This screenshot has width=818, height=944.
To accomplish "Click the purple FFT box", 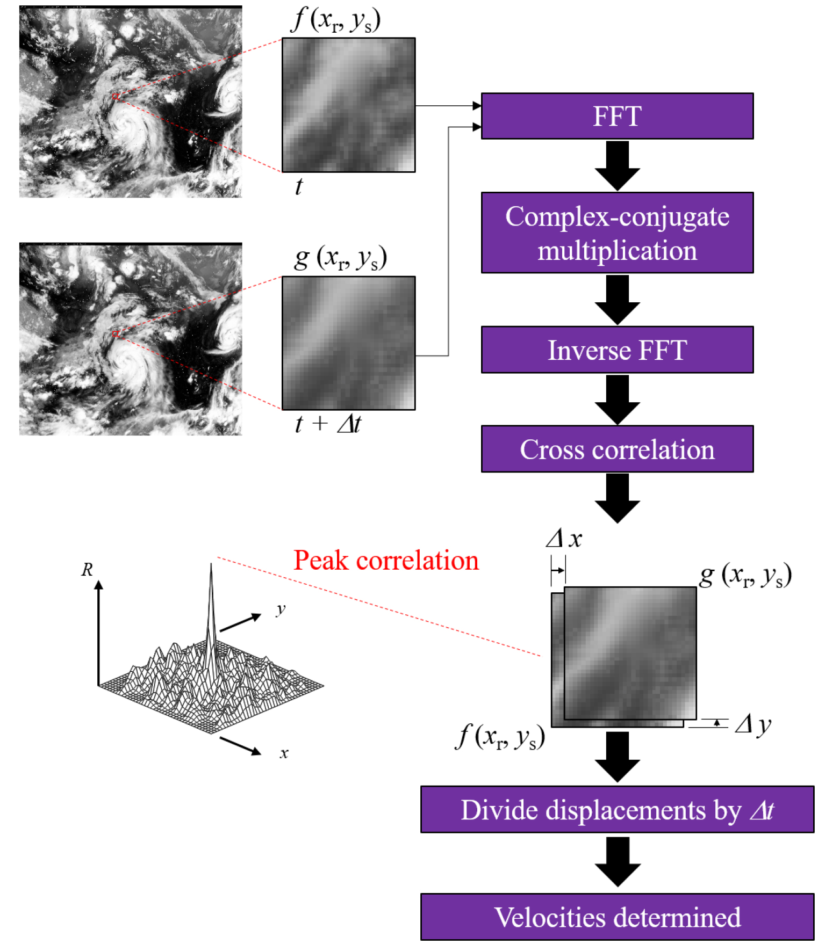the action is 617,116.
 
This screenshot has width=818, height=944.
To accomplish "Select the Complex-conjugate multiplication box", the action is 617,233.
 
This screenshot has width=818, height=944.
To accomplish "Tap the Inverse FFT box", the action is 617,350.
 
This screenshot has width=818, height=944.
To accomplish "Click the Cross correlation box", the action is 617,449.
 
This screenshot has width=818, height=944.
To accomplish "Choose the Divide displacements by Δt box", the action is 617,809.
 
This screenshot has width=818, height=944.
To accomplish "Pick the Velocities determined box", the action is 617,917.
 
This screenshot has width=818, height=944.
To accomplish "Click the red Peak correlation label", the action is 386,561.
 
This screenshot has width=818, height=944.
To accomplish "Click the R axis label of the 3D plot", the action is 87,570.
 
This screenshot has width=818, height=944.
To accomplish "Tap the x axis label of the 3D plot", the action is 284,753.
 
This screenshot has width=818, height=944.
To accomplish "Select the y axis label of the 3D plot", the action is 281,609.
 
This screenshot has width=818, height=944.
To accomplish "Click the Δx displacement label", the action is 564,539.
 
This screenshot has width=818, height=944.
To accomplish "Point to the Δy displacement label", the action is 753,725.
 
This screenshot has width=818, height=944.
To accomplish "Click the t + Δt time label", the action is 328,424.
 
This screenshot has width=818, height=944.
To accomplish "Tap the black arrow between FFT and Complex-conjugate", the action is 617,166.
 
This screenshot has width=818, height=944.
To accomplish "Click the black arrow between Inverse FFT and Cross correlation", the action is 617,400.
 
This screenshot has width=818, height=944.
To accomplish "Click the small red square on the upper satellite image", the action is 115,97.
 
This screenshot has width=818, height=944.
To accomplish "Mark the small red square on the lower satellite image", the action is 115,334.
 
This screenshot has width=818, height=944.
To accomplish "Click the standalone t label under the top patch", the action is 299,187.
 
